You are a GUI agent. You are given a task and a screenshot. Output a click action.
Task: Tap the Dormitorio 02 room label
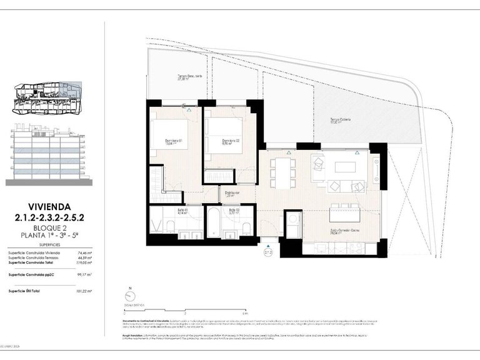[232, 142]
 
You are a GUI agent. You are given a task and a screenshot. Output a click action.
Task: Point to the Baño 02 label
[234, 211]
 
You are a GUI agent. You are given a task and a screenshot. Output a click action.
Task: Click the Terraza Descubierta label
[189, 77]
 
